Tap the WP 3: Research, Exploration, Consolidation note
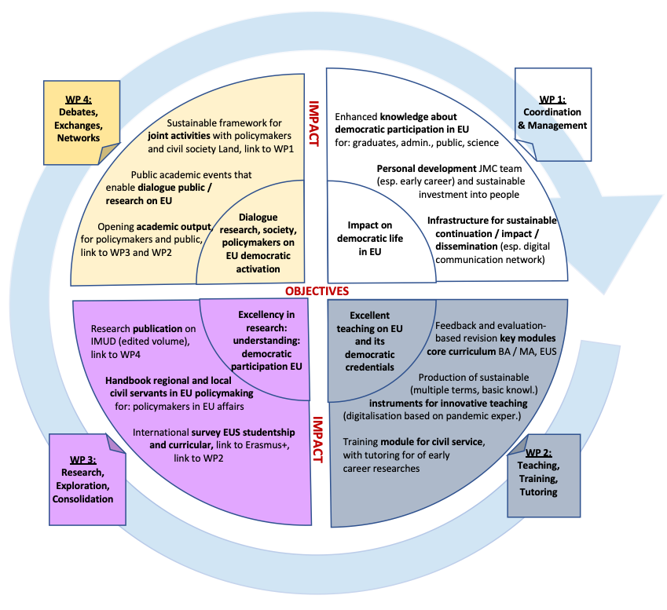tap(87, 479)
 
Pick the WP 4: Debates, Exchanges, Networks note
tap(79, 119)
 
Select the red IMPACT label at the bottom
tap(317, 440)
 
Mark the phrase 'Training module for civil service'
tap(413, 442)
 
